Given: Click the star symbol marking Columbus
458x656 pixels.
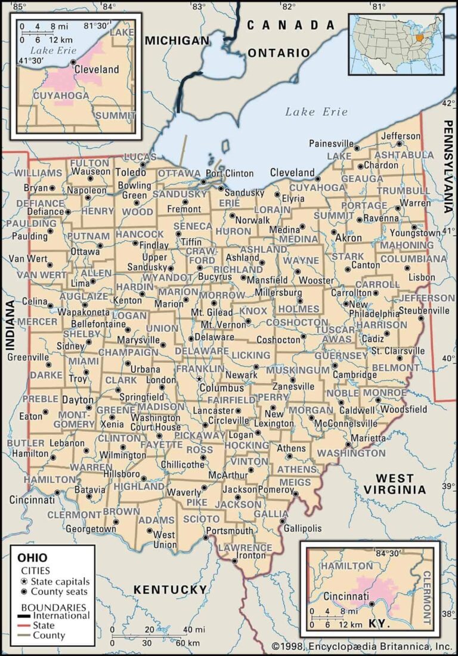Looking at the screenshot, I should [200, 379].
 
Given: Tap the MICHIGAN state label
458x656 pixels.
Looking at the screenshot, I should [178, 41].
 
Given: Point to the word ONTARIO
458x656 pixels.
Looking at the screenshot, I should [278, 53].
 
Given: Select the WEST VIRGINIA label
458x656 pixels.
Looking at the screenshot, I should [395, 483].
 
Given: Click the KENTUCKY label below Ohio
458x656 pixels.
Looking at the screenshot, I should [169, 589].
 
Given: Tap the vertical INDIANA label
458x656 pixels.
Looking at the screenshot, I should [10, 324].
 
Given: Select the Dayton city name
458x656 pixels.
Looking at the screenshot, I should [78, 399].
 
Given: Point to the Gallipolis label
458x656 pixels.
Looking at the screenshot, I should [302, 528].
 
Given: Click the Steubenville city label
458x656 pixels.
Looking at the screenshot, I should [424, 310].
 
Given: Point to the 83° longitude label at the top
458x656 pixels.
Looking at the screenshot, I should [198, 6].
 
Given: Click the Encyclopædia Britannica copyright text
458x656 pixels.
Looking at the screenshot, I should [362, 646].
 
